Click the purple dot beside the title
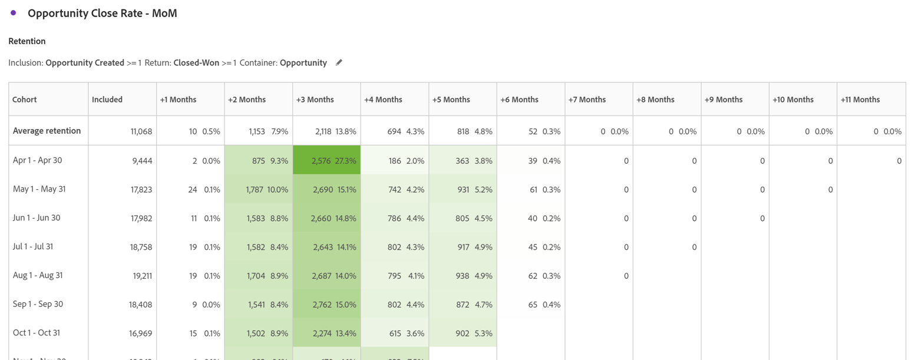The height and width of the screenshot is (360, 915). (x=13, y=13)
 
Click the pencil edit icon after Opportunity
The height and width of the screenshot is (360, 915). (x=339, y=63)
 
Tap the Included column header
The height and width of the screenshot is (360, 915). (x=107, y=100)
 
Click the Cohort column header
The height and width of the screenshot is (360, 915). (x=25, y=100)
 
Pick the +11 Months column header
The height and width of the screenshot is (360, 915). (x=860, y=100)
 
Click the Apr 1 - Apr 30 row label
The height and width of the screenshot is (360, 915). (x=37, y=160)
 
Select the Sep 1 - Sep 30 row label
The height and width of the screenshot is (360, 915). (x=38, y=304)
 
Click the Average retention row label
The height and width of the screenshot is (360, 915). (x=47, y=131)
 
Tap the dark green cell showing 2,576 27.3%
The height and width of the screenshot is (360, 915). (x=326, y=161)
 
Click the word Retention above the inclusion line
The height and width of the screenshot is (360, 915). (x=27, y=41)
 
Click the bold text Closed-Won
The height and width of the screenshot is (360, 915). (x=196, y=63)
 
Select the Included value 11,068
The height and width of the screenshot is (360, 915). (x=141, y=131)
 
